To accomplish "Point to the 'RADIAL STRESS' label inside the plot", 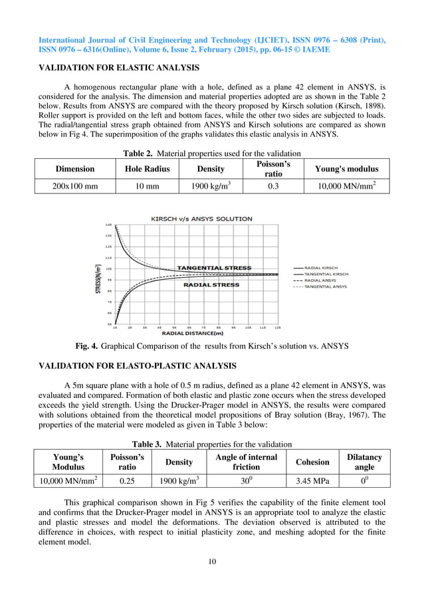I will click(x=212, y=284).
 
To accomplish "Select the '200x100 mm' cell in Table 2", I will click(x=74, y=187).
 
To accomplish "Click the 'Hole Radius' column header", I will click(x=147, y=169).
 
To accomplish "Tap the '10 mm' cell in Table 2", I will click(x=147, y=187).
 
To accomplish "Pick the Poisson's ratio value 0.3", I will click(x=272, y=187).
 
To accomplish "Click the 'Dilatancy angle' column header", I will click(x=364, y=462).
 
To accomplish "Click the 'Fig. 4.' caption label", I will click(x=87, y=346).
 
